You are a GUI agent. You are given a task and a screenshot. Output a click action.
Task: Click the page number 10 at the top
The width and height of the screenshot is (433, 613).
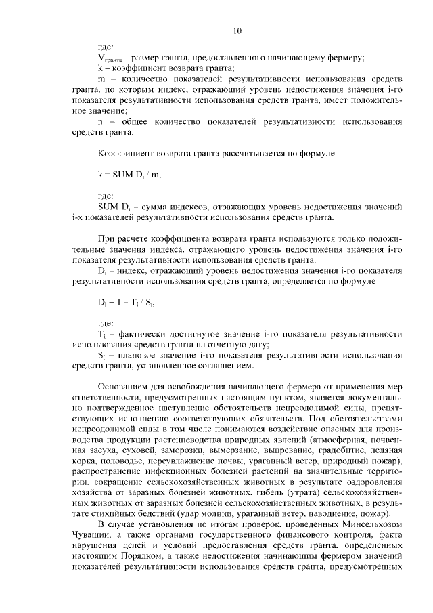pyautogui.click(x=237, y=30)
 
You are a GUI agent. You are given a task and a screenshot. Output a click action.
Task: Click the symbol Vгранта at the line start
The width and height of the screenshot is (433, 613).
pyautogui.click(x=109, y=58)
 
